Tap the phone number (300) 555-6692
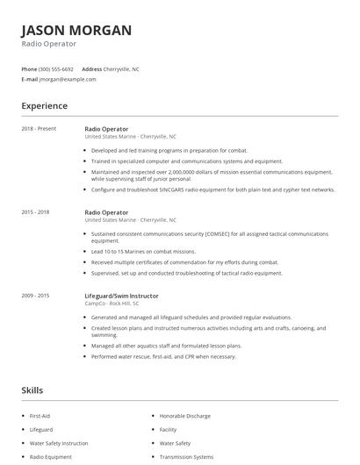(x=56, y=68)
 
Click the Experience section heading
(x=44, y=106)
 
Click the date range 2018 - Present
(x=38, y=129)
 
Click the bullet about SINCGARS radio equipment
(x=213, y=189)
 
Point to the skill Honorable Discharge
(x=186, y=415)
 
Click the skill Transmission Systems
(x=185, y=456)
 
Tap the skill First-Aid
(x=41, y=415)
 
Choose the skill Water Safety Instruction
(x=59, y=443)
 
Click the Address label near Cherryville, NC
(x=91, y=68)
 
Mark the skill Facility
(x=168, y=429)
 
